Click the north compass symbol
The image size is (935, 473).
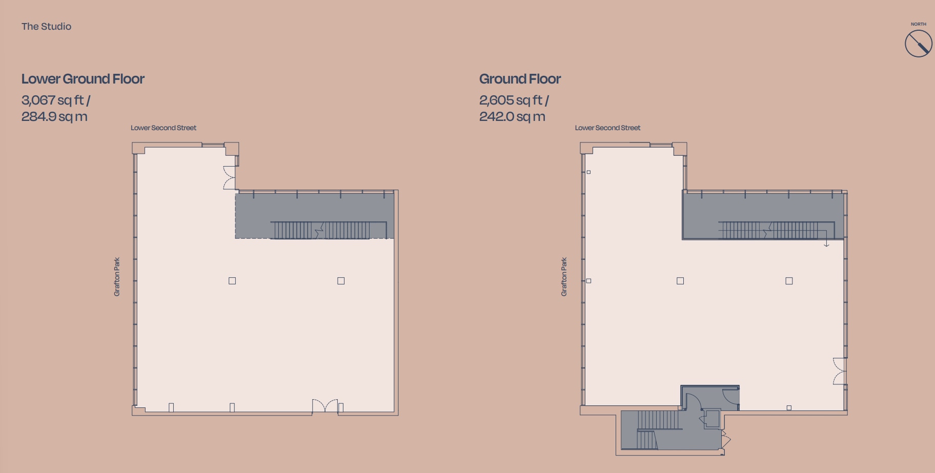pyautogui.click(x=918, y=43)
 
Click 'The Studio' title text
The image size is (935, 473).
pyautogui.click(x=46, y=27)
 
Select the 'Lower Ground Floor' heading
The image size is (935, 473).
pyautogui.click(x=83, y=79)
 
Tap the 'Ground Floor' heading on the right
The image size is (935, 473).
pyautogui.click(x=520, y=79)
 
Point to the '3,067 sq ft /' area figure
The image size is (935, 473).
pyautogui.click(x=56, y=100)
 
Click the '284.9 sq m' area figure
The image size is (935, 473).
pyautogui.click(x=54, y=117)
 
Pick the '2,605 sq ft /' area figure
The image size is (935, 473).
pyautogui.click(x=514, y=100)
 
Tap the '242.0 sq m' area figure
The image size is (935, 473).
pyautogui.click(x=512, y=117)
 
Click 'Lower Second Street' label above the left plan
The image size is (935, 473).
pyautogui.click(x=164, y=128)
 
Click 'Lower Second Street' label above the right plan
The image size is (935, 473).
pyautogui.click(x=607, y=128)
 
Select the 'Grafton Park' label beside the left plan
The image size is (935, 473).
pyautogui.click(x=117, y=277)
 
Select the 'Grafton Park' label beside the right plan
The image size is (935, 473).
pyautogui.click(x=564, y=277)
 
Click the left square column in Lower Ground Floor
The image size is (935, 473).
pyautogui.click(x=232, y=281)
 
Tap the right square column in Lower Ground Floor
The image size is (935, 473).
pyautogui.click(x=341, y=281)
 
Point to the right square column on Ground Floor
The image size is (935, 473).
pyautogui.click(x=789, y=281)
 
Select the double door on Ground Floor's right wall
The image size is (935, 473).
pyautogui.click(x=839, y=372)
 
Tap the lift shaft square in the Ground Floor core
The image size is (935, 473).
pyautogui.click(x=713, y=418)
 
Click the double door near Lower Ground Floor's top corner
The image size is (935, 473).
pyautogui.click(x=229, y=178)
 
